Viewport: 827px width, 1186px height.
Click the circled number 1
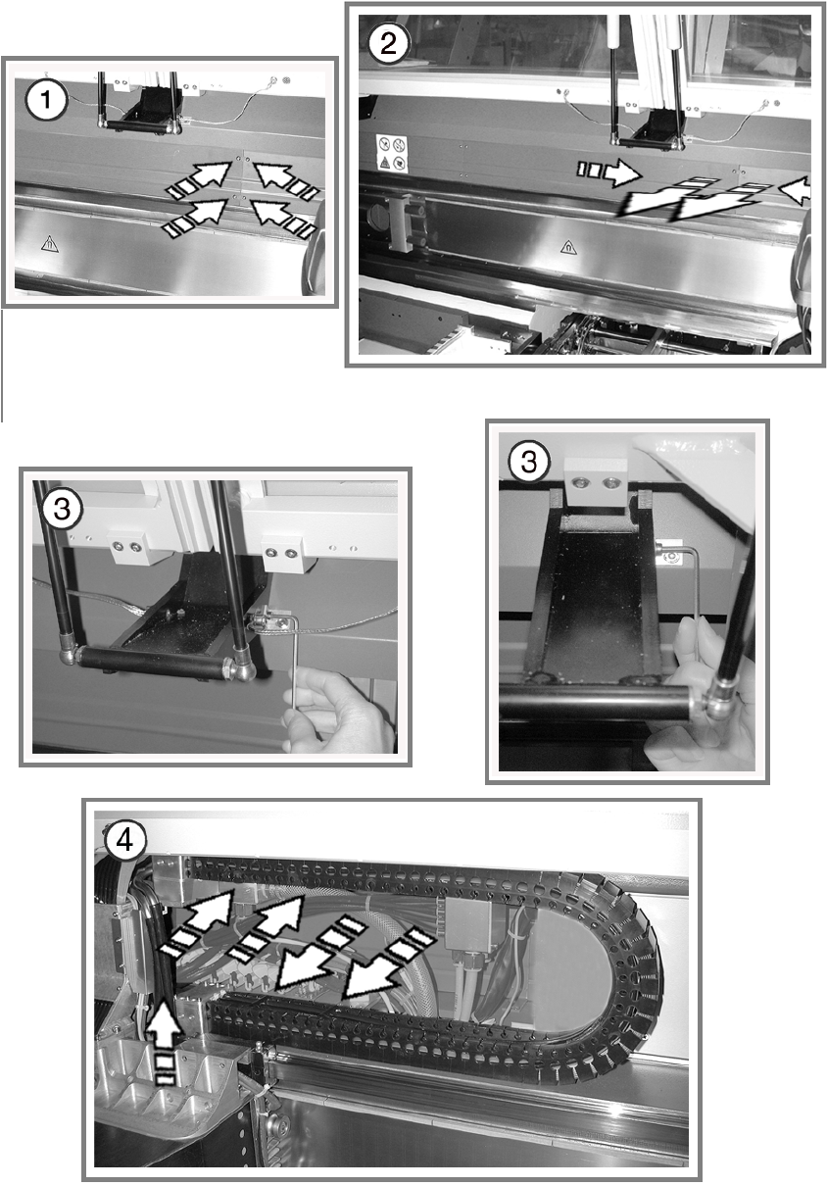pyautogui.click(x=47, y=100)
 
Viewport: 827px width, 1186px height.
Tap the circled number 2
pyautogui.click(x=389, y=42)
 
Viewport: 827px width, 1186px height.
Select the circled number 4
pyautogui.click(x=124, y=841)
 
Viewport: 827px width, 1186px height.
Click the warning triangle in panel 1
pyautogui.click(x=49, y=244)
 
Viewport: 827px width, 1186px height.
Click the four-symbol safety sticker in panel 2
pyautogui.click(x=392, y=153)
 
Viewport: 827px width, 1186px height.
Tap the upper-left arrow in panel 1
pyautogui.click(x=200, y=178)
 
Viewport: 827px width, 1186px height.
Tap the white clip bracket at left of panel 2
pyautogui.click(x=407, y=222)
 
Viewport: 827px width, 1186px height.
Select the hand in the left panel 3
pyautogui.click(x=339, y=711)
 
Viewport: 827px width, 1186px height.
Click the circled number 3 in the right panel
pyautogui.click(x=529, y=461)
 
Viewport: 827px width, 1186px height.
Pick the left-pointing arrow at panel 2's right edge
pyautogui.click(x=797, y=190)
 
